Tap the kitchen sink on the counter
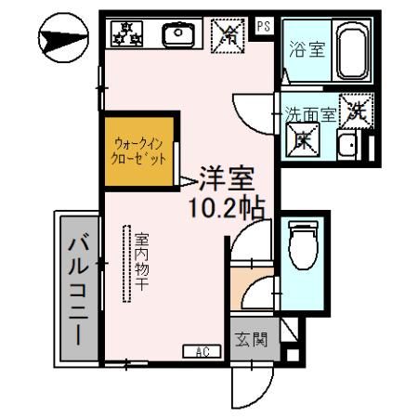coord(176,35)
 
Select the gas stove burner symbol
coord(125,33)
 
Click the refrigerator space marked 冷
coord(227,35)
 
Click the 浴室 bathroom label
coord(306,50)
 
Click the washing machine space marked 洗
coord(358,112)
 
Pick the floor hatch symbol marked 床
coord(305,141)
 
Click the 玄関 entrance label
coord(250,338)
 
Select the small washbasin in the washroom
coord(347,145)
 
